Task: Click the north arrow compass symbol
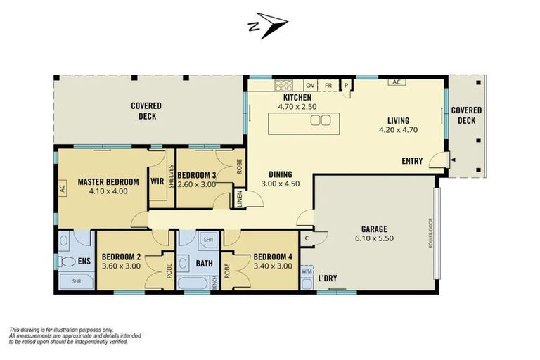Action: click(268, 25)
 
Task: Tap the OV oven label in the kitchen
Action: click(310, 86)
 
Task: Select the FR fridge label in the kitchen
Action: click(328, 86)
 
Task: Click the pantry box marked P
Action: click(346, 85)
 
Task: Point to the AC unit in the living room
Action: click(397, 82)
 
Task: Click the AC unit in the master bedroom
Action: click(62, 188)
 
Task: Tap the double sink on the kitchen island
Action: click(321, 120)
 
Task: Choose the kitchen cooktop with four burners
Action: click(283, 85)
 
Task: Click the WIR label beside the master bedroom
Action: click(157, 181)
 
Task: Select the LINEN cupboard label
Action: click(240, 199)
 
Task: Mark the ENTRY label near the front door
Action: click(412, 161)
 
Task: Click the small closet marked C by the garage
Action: click(307, 238)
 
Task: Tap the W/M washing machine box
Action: click(307, 271)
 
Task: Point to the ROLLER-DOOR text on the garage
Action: click(430, 233)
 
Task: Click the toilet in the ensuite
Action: click(67, 262)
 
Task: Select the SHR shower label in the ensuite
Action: click(77, 281)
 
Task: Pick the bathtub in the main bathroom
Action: click(193, 283)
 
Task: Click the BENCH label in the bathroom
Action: click(215, 283)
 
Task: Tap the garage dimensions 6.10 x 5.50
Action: click(374, 238)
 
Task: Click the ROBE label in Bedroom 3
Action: click(240, 166)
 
